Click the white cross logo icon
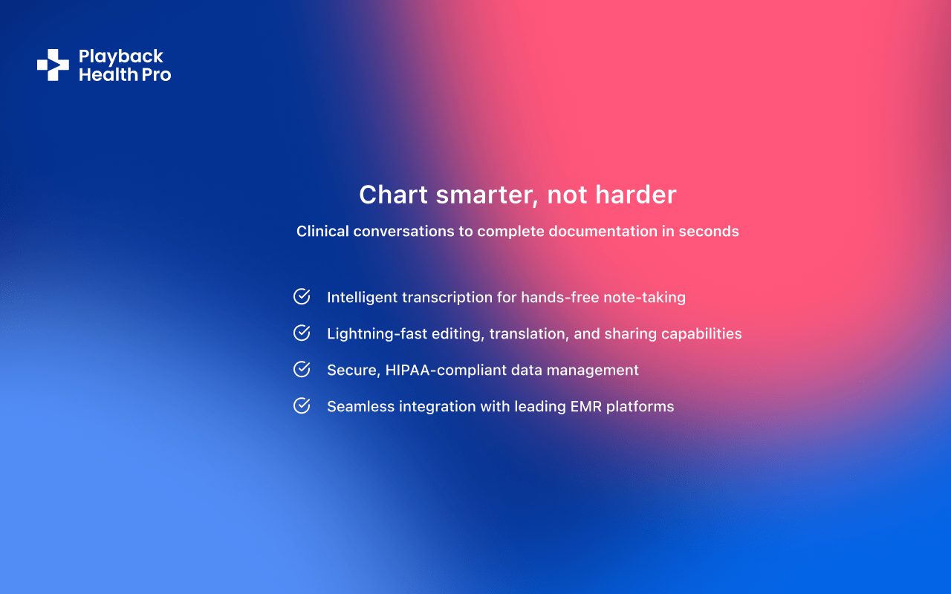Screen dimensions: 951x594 point(53,65)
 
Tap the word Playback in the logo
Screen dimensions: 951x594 point(121,57)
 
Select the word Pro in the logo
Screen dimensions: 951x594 point(156,75)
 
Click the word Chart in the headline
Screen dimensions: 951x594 point(393,195)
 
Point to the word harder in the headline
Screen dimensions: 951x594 point(635,195)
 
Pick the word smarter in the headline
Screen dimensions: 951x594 point(488,195)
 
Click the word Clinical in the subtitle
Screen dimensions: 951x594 point(322,231)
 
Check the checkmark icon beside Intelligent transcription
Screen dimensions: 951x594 point(302,296)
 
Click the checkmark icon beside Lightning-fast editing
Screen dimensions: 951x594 point(302,333)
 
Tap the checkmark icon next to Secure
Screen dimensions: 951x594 point(302,370)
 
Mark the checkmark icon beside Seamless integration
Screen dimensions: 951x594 point(302,406)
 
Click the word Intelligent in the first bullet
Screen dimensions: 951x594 point(362,298)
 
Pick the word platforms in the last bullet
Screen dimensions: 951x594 point(640,407)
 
